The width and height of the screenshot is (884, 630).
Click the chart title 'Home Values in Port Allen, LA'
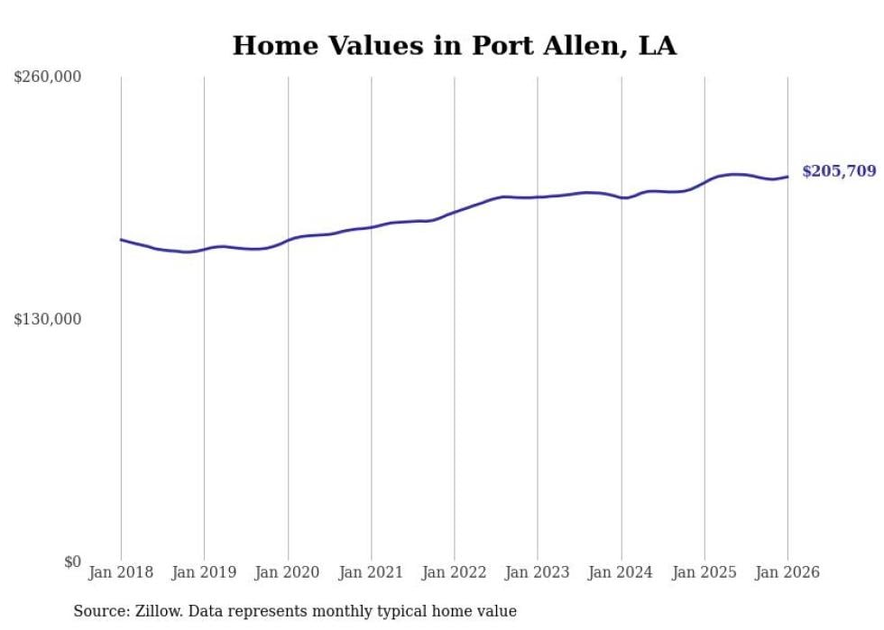click(x=454, y=45)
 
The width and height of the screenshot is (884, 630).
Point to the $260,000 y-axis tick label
click(x=47, y=78)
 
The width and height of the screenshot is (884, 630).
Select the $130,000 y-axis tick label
click(x=47, y=319)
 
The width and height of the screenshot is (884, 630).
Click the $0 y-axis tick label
click(x=72, y=562)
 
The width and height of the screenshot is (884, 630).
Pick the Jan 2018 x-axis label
click(x=121, y=572)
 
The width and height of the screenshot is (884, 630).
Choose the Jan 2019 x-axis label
click(x=204, y=572)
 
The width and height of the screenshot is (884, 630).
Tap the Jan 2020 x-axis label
click(x=288, y=572)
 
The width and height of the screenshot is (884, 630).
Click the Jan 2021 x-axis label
click(x=371, y=572)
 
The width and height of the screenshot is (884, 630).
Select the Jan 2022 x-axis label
click(x=455, y=572)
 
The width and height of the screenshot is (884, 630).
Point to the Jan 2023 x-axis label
click(x=538, y=572)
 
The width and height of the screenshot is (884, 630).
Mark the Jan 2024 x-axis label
click(x=621, y=572)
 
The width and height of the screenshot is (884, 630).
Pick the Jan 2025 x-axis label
click(x=704, y=572)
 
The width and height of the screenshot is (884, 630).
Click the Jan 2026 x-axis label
click(x=787, y=572)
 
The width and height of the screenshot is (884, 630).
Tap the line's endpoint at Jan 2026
click(x=787, y=177)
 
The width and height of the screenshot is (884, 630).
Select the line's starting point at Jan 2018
click(x=121, y=240)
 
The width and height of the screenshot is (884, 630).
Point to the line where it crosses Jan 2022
click(x=455, y=212)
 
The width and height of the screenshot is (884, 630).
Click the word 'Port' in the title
click(x=489, y=45)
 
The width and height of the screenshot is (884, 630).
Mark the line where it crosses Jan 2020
click(x=288, y=241)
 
